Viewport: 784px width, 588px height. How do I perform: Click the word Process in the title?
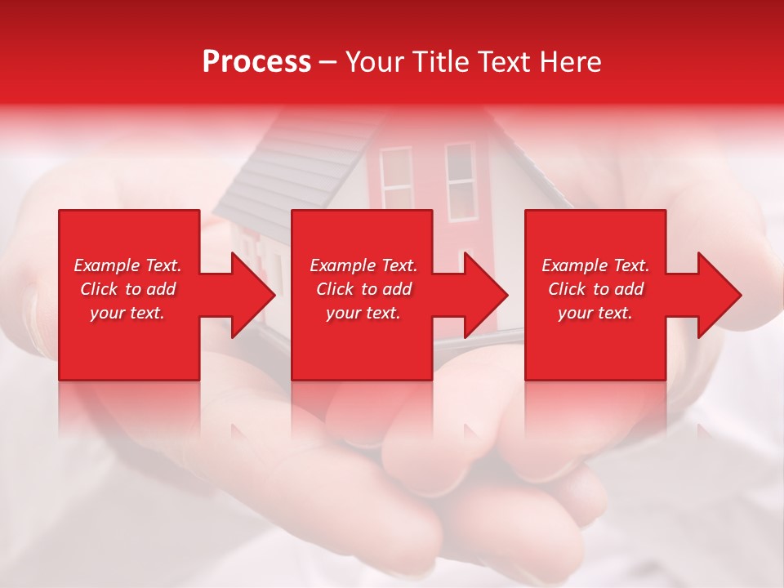[256, 62]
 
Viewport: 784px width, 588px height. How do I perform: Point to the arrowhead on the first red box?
[253, 295]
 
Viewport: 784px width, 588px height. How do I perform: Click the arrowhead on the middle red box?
[486, 295]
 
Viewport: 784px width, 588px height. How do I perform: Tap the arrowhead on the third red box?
[719, 295]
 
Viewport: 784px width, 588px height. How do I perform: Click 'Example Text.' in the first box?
[127, 265]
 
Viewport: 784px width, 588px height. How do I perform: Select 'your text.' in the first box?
[127, 313]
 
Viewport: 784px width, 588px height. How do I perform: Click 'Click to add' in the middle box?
[363, 289]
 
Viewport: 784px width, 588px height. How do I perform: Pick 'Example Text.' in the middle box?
[363, 265]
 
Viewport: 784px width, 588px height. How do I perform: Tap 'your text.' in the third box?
[595, 313]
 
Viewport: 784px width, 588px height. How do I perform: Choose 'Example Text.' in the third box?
[595, 265]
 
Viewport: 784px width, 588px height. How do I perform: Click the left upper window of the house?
[396, 178]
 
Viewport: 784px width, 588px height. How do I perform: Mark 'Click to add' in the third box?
[595, 289]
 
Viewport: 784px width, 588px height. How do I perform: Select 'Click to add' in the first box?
[127, 289]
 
